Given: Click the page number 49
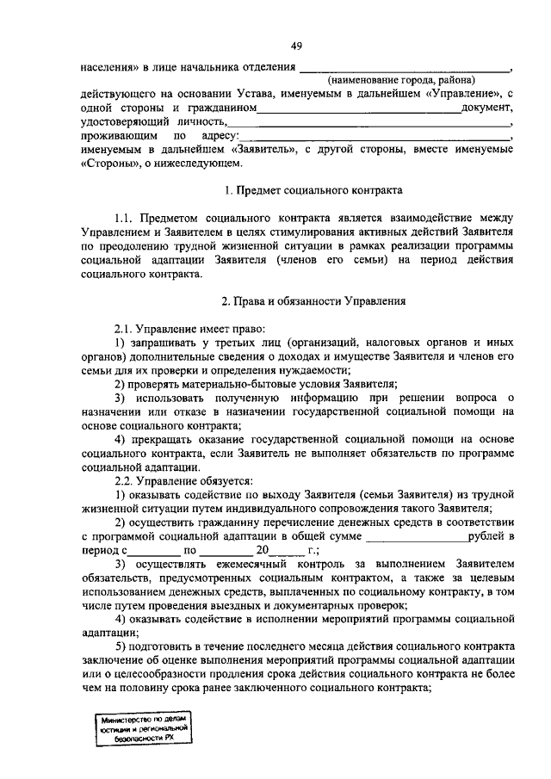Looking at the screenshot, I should coord(295,46).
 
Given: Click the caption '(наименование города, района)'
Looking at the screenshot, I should coord(405,78).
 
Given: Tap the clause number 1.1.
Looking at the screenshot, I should coord(127,218).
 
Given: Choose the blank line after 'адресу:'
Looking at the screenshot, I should coord(375,136).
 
